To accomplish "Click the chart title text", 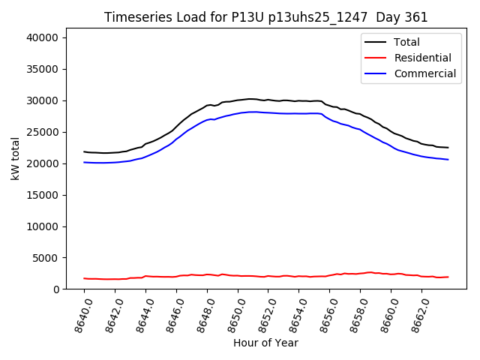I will coord(266,17).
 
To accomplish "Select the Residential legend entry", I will coord(423,58).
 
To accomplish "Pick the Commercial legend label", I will coord(425,73).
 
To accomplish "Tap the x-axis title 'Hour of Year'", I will coord(265,343).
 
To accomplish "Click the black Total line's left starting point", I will coord(85,151).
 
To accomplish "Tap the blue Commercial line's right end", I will coord(448,159).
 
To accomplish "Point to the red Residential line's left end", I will coord(85,278).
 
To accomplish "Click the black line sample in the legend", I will coord(375,42).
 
